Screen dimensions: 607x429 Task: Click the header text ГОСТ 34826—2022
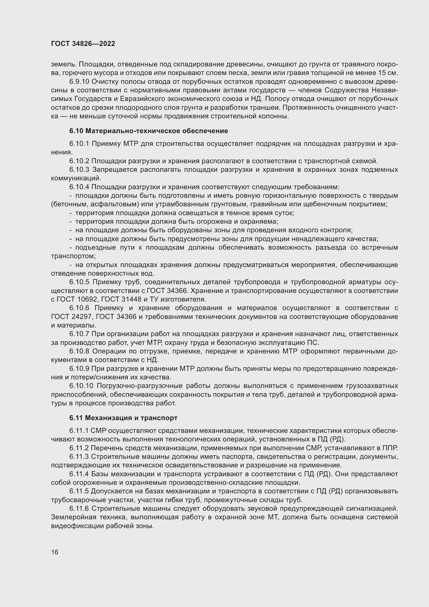tap(83, 44)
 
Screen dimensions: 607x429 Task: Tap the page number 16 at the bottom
tap(55, 552)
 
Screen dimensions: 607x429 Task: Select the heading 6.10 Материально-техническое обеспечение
tap(148, 131)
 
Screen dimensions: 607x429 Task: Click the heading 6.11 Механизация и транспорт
tap(123, 418)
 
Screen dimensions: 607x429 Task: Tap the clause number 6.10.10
tap(81, 386)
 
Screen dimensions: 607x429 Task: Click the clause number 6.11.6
tap(79, 508)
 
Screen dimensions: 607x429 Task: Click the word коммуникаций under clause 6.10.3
tap(76, 178)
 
